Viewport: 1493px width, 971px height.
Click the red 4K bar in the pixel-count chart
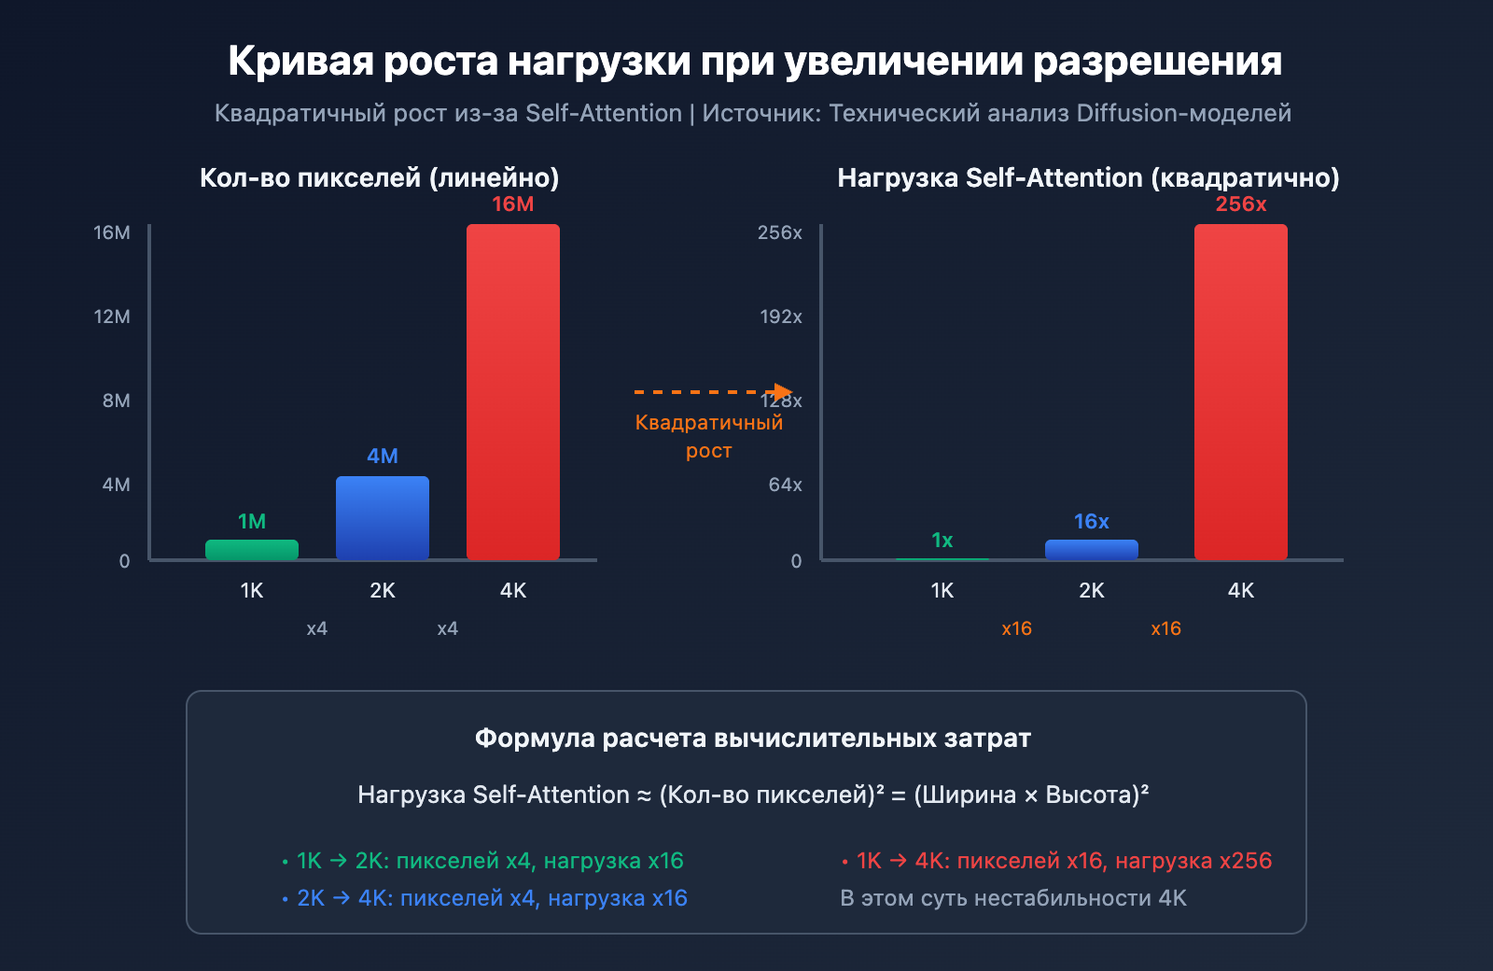pyautogui.click(x=513, y=392)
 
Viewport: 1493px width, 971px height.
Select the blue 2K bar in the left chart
pyautogui.click(x=383, y=518)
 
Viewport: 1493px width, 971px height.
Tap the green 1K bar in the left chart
pyautogui.click(x=252, y=550)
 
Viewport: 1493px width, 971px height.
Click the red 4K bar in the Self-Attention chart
pyautogui.click(x=1241, y=392)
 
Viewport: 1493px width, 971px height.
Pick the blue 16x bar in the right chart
pyautogui.click(x=1092, y=550)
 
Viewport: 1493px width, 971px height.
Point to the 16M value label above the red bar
pyautogui.click(x=513, y=204)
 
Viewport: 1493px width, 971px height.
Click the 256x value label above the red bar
pyautogui.click(x=1241, y=204)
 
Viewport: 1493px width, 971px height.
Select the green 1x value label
pyautogui.click(x=942, y=541)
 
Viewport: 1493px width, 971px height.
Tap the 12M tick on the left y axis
pyautogui.click(x=112, y=317)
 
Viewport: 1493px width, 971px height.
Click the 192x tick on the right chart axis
pyautogui.click(x=781, y=317)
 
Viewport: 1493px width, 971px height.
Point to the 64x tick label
pyautogui.click(x=785, y=485)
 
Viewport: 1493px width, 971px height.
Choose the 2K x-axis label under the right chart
pyautogui.click(x=1092, y=590)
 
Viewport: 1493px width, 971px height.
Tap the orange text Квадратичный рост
pyautogui.click(x=709, y=436)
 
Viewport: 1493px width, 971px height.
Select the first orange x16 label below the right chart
pyautogui.click(x=1017, y=628)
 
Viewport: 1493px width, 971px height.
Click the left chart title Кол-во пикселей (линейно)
pyautogui.click(x=380, y=177)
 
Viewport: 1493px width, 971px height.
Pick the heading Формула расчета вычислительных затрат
pyautogui.click(x=752, y=739)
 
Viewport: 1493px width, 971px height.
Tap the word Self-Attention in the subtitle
pyautogui.click(x=604, y=113)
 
